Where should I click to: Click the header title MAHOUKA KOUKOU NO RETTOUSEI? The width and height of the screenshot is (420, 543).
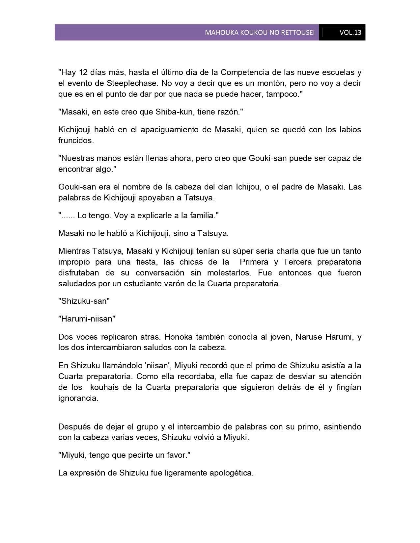[260, 33]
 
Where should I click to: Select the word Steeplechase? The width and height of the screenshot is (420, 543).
[130, 83]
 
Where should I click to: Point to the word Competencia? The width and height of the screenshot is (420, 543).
[242, 72]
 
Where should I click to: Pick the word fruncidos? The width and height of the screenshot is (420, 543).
[75, 141]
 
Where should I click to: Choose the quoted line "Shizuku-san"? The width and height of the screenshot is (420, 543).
[84, 301]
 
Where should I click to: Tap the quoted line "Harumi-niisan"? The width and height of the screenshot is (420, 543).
[87, 319]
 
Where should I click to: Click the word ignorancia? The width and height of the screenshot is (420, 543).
[78, 398]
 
